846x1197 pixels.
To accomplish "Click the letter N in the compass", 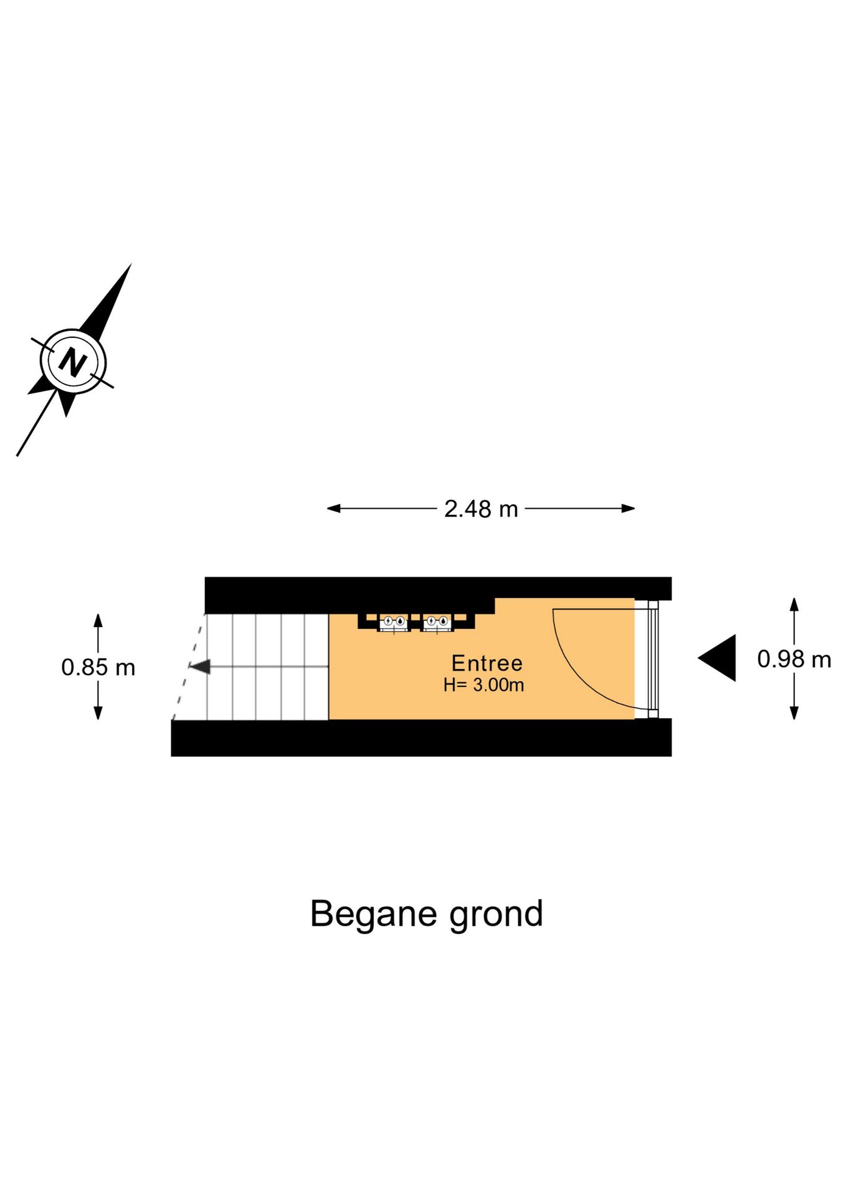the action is pos(73,362).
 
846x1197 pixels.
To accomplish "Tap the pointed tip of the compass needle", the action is pos(131,264).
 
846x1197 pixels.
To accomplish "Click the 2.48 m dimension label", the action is pos(481,509).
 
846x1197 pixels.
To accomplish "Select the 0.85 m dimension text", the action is pos(98,667).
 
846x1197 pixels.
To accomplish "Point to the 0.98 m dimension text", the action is pos(794,659).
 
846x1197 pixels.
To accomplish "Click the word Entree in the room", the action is pos(487,663).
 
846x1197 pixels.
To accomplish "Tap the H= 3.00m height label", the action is pos(483,685).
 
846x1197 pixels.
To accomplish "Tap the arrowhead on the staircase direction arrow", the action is pos(200,667).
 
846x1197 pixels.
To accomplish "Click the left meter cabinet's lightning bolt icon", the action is pos(388,621).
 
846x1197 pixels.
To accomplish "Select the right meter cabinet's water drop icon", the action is pos(443,621).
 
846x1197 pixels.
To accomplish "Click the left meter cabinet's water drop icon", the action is pos(399,621).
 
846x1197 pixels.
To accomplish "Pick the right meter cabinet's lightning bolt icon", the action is pos(431,621).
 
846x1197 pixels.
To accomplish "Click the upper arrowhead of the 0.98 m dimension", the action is pos(794,604).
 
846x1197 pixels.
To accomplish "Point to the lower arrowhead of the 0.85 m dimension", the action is pos(98,713).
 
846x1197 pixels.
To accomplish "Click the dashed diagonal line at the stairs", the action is pos(189,667).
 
